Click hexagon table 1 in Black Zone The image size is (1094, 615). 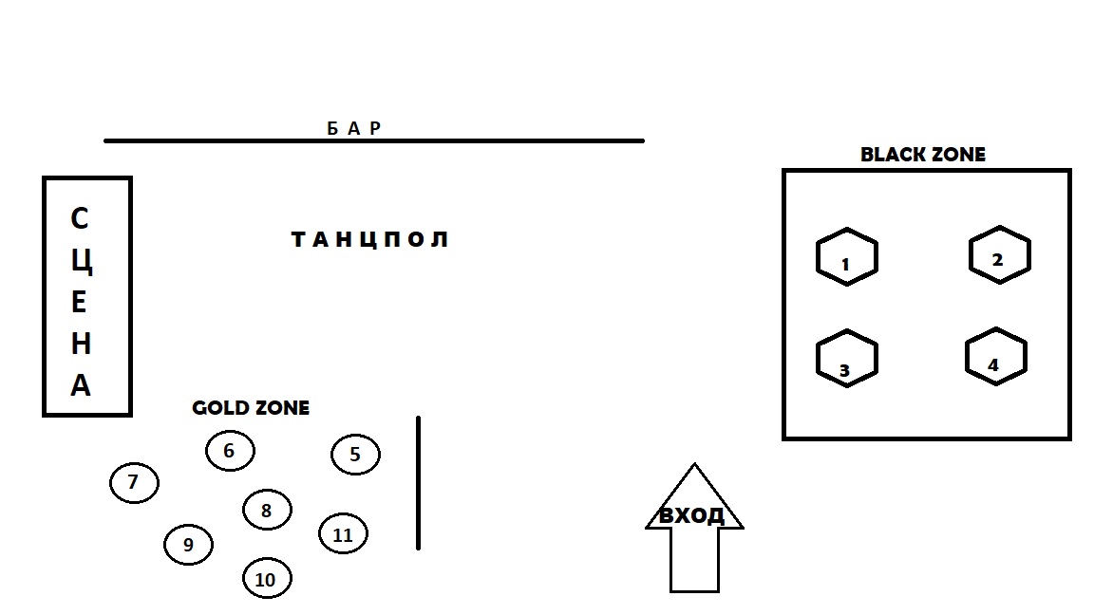(847, 256)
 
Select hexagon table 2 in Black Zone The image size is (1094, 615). (1000, 254)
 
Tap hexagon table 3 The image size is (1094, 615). (847, 359)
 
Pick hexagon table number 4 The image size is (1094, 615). (996, 356)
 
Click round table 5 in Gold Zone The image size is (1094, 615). (356, 455)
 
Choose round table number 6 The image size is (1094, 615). (230, 451)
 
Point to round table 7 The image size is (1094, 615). (135, 482)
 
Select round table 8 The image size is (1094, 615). (267, 510)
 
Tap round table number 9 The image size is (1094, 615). (188, 545)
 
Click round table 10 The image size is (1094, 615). (267, 578)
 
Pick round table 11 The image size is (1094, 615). (343, 534)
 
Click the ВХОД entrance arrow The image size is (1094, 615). (694, 528)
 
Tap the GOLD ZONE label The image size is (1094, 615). (251, 408)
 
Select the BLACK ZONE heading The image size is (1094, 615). (923, 155)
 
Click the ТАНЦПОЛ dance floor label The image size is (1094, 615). (369, 240)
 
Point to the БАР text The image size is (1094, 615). (354, 128)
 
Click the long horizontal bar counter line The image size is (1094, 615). (374, 140)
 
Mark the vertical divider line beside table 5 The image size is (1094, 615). (419, 483)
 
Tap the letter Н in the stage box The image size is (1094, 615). (81, 344)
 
